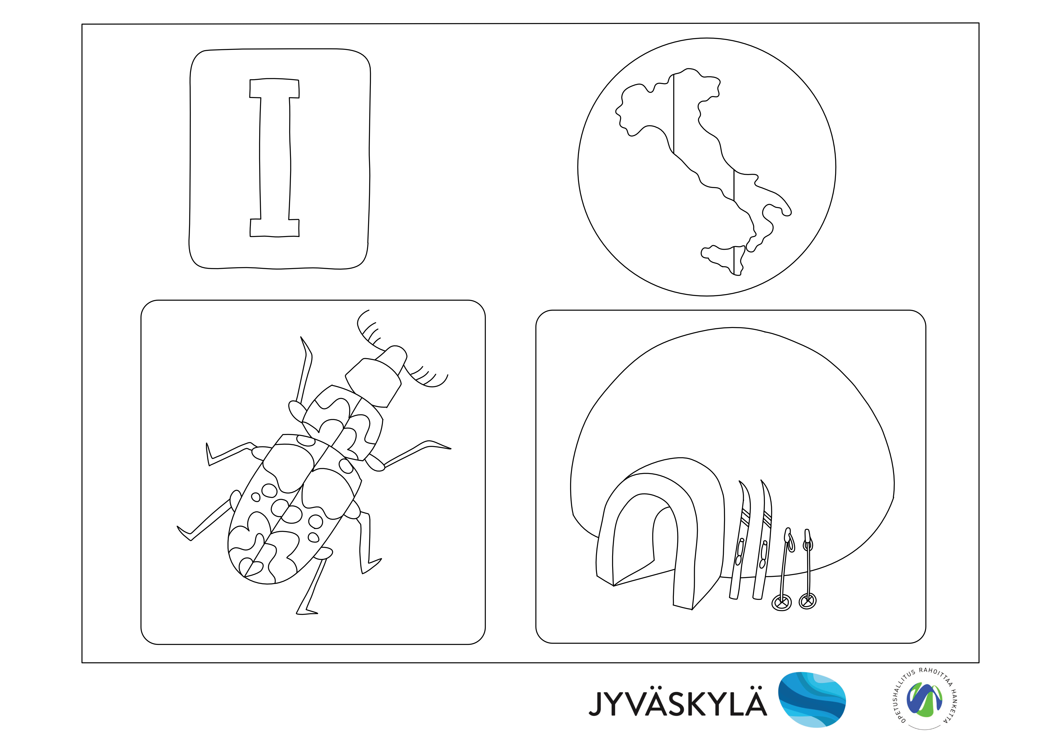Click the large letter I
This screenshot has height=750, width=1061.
275,157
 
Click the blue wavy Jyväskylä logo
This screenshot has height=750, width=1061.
812,700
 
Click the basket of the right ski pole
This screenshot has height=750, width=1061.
807,601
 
